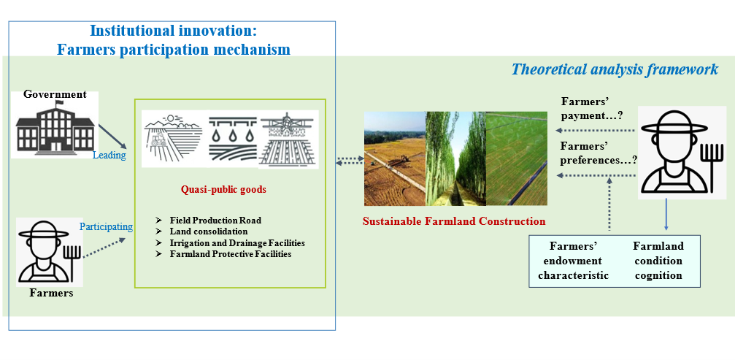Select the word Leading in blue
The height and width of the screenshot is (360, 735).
[x=109, y=155]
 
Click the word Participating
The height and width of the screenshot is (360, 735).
[x=106, y=227]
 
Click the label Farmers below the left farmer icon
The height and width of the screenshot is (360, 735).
[x=52, y=294]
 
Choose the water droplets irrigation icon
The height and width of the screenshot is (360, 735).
[x=230, y=139]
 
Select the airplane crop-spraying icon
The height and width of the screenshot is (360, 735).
[x=288, y=139]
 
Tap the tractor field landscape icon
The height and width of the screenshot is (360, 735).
[x=173, y=139]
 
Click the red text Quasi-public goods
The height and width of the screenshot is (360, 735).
[x=224, y=190]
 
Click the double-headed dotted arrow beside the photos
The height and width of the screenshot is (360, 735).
[x=350, y=161]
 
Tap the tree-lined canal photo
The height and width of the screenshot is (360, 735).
[x=455, y=158]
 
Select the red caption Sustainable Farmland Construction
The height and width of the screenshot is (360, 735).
[x=454, y=221]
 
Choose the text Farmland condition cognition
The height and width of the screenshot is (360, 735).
[x=658, y=261]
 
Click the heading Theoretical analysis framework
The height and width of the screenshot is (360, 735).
[x=615, y=69]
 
